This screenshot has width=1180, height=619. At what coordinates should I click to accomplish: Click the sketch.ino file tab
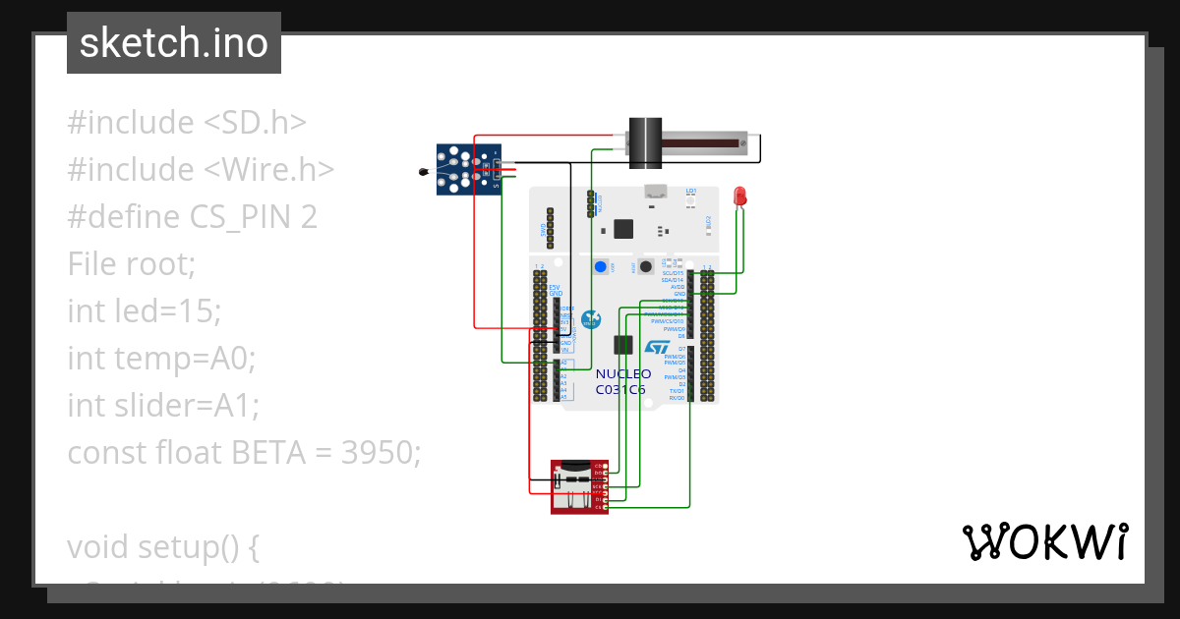click(x=173, y=43)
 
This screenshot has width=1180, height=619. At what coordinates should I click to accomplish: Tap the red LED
click(x=739, y=197)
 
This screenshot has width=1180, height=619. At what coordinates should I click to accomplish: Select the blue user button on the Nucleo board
click(x=600, y=266)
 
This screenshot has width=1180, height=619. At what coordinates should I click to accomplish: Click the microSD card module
click(x=578, y=486)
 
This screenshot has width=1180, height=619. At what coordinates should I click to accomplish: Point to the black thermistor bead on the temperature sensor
click(x=424, y=173)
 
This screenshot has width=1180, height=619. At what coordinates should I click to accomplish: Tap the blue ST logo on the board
click(x=657, y=348)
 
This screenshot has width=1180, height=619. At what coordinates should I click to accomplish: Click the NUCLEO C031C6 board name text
click(x=622, y=381)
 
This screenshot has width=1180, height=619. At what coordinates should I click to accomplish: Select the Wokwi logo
click(x=1044, y=541)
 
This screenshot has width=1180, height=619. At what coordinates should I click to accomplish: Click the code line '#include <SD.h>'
click(x=187, y=123)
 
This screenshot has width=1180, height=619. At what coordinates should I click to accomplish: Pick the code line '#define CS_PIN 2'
click(x=192, y=217)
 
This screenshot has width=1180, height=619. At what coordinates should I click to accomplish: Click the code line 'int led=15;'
click(x=145, y=311)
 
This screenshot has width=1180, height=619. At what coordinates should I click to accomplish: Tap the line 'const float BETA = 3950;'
click(x=244, y=453)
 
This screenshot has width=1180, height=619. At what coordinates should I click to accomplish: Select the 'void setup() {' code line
click(x=163, y=547)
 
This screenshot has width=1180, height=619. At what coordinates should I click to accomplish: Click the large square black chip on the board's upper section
click(x=623, y=228)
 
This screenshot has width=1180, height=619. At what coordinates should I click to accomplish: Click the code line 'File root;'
click(x=132, y=264)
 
